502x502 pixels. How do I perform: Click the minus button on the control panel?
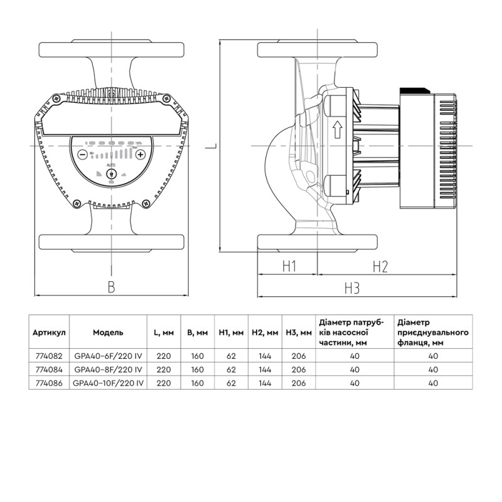[82, 154]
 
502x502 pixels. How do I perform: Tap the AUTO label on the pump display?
[111, 164]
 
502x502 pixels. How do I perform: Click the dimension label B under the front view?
[111, 287]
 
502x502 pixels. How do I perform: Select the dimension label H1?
[288, 267]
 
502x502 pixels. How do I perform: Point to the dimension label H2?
[380, 267]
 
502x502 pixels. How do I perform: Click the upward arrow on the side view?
[336, 130]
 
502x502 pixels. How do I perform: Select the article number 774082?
[50, 355]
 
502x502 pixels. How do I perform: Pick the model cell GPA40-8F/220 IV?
[109, 368]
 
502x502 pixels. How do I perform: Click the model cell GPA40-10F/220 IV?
[109, 381]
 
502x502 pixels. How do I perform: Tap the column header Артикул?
[50, 332]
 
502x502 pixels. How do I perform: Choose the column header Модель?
[109, 332]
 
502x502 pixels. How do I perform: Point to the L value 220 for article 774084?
[164, 368]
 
